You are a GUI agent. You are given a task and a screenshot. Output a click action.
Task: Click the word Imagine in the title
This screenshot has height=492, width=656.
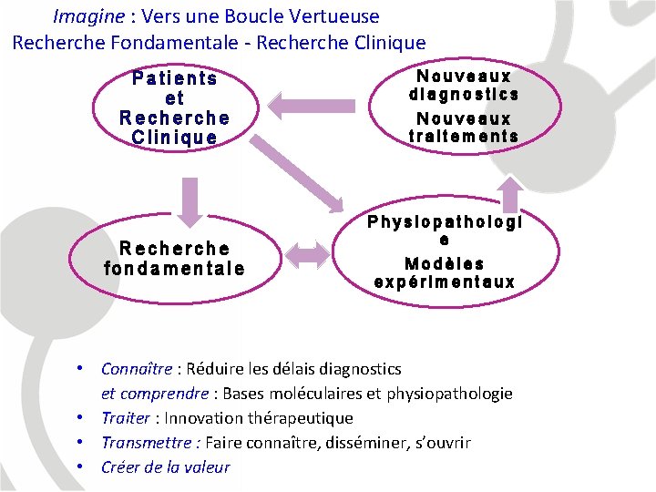click(87, 16)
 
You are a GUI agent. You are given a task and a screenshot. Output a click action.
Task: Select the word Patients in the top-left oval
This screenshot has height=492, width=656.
click(174, 78)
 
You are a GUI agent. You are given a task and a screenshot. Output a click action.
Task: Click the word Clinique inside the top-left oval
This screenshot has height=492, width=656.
click(174, 138)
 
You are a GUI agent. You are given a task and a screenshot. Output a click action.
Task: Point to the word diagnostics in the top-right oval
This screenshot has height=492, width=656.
click(464, 94)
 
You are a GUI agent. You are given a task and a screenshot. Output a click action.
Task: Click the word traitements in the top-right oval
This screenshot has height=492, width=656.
click(464, 137)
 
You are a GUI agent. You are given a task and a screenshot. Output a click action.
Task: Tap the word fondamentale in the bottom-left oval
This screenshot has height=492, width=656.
click(174, 268)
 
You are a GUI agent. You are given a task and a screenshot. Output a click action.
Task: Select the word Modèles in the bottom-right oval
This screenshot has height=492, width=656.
click(445, 263)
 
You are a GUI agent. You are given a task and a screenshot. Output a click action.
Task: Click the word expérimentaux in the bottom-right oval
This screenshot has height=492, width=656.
click(445, 282)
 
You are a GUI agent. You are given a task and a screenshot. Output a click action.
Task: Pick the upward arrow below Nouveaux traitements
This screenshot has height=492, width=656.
click(512, 194)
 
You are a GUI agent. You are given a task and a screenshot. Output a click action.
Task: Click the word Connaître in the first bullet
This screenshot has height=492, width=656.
click(137, 369)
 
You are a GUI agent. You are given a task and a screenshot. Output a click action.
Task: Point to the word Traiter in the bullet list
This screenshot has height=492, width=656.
click(126, 418)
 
